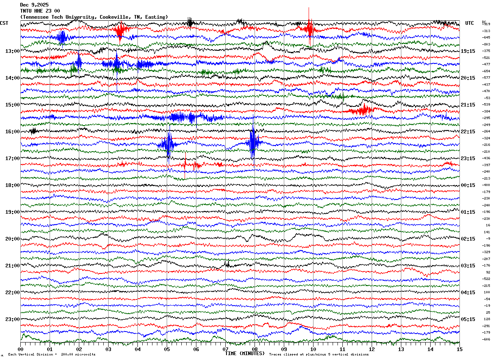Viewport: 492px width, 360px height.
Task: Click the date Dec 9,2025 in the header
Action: [34, 5]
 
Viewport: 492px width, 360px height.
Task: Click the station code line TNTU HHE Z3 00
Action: [40, 11]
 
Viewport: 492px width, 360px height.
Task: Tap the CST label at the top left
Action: [4, 23]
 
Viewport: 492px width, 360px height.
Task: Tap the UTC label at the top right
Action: [469, 23]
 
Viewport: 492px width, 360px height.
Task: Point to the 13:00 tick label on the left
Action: [12, 51]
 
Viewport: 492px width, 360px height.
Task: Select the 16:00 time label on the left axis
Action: [12, 132]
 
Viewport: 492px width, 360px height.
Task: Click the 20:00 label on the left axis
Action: [12, 239]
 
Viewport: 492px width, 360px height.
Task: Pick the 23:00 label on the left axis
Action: [12, 319]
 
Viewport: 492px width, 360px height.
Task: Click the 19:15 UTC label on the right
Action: [468, 51]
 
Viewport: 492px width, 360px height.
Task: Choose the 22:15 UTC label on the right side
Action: [468, 132]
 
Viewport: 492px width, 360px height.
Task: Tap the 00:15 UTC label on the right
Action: [468, 185]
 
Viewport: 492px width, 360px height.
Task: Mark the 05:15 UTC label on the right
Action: [468, 319]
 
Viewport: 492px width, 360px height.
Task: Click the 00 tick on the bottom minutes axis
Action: [21, 349]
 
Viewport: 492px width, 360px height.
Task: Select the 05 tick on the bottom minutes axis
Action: [167, 349]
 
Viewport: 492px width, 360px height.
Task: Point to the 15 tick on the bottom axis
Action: [459, 349]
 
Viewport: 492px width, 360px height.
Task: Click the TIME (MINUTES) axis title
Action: [245, 353]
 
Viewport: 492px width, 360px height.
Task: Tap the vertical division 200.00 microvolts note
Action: [52, 355]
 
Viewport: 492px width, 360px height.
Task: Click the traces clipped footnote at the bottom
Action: [319, 355]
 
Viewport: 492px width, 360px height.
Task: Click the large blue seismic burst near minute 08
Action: [253, 142]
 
